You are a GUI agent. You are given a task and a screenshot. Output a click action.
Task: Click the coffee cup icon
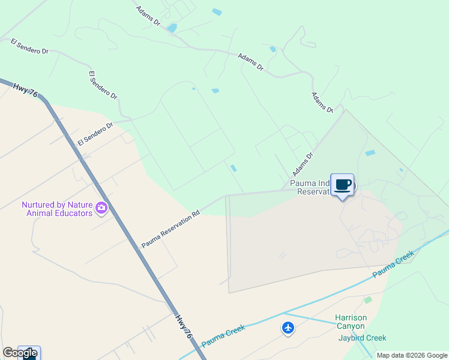(342, 185)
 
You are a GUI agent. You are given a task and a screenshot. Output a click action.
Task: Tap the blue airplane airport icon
(288, 328)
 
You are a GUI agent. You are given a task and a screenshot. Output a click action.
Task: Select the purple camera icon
(101, 208)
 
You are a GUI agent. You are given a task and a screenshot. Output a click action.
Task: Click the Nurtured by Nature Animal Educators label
(57, 209)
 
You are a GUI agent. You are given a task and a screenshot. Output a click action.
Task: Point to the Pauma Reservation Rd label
(170, 229)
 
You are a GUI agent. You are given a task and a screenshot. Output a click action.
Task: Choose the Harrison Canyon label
(350, 322)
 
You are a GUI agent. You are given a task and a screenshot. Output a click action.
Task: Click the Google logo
(20, 352)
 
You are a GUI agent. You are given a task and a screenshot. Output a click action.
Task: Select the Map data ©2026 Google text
(411, 355)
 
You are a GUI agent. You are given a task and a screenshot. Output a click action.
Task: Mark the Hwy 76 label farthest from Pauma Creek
(26, 90)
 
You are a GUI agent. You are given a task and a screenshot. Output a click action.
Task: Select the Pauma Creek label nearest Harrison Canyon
(393, 264)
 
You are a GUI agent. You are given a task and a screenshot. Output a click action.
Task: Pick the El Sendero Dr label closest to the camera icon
(95, 134)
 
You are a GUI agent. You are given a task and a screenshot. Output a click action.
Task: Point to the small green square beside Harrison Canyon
(368, 299)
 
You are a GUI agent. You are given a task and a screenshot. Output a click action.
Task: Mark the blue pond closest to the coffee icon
(370, 153)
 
